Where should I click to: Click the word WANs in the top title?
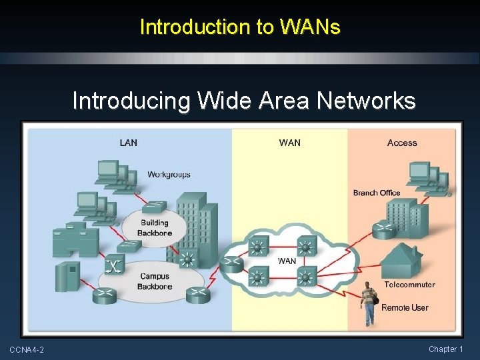pyautogui.click(x=310, y=27)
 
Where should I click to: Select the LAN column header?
pyautogui.click(x=129, y=143)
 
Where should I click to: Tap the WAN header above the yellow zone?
pyautogui.click(x=289, y=143)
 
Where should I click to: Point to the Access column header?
pyautogui.click(x=401, y=143)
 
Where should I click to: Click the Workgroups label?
pyautogui.click(x=169, y=175)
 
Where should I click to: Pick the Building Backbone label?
pyautogui.click(x=155, y=228)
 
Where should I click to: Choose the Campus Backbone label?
pyautogui.click(x=155, y=281)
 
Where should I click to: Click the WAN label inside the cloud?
pyautogui.click(x=287, y=261)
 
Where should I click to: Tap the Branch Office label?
pyautogui.click(x=377, y=193)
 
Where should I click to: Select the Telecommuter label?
pyautogui.click(x=409, y=285)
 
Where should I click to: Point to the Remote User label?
pyautogui.click(x=405, y=307)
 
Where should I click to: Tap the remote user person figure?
pyautogui.click(x=368, y=304)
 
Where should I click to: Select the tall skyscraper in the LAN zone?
pyautogui.click(x=197, y=227)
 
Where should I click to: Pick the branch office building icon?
pyautogui.click(x=407, y=219)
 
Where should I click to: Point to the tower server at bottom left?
pyautogui.click(x=67, y=277)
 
